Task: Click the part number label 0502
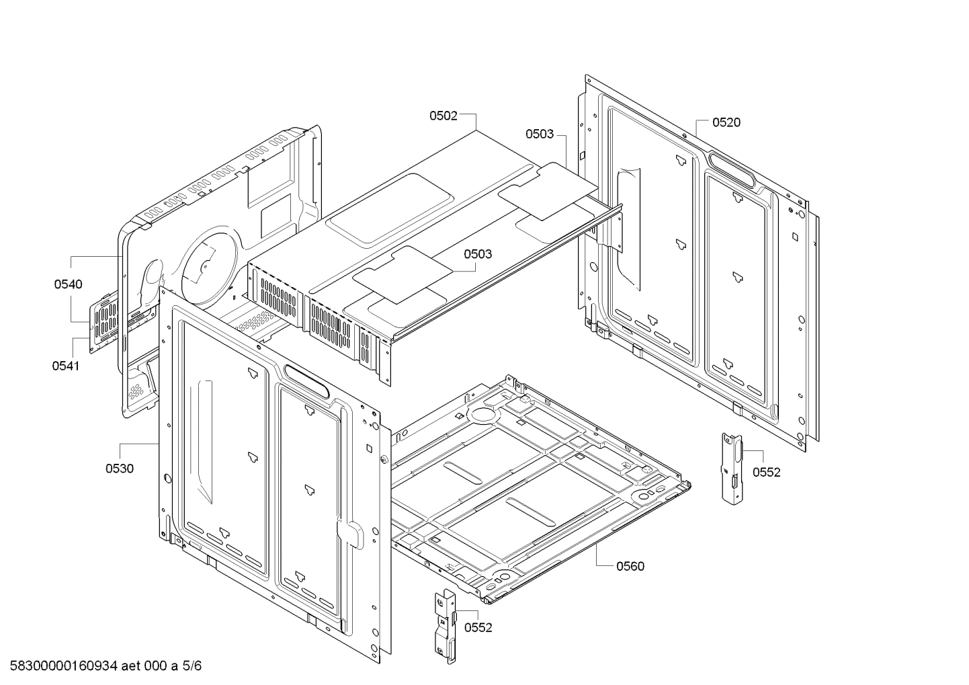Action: coord(444,116)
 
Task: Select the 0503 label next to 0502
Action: coord(540,134)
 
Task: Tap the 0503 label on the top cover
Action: coord(477,254)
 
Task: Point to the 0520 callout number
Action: coord(726,122)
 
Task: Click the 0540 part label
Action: coord(69,284)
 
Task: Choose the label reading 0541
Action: coord(65,366)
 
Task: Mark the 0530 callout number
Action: coord(119,469)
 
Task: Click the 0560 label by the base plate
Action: coord(630,566)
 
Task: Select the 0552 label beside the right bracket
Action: coord(766,473)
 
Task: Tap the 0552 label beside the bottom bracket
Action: coord(478,628)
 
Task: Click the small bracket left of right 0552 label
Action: coord(731,467)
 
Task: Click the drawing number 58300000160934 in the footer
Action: coord(60,667)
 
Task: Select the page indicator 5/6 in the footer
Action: coord(192,667)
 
